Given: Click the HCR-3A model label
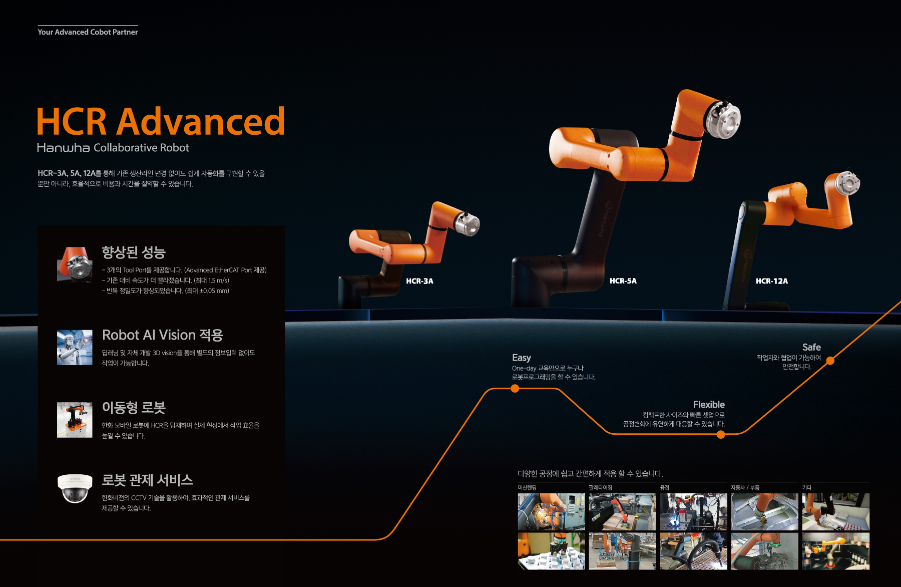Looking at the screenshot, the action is click(x=419, y=281).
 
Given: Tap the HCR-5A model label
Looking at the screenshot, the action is click(x=623, y=281).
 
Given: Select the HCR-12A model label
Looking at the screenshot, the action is click(x=772, y=281).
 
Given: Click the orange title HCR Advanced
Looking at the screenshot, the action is click(x=161, y=121).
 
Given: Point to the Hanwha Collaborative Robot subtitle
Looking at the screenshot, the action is click(x=113, y=148).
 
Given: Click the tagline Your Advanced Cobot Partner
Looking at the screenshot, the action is click(x=88, y=32).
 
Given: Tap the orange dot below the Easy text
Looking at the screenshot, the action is click(x=515, y=389).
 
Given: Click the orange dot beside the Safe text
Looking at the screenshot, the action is click(x=830, y=361).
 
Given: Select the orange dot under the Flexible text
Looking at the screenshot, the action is click(x=721, y=435).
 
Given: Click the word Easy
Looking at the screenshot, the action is click(x=521, y=358).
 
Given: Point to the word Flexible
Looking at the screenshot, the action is click(x=709, y=404).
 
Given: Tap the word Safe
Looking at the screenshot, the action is click(x=811, y=347).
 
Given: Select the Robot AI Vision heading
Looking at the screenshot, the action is click(x=163, y=335).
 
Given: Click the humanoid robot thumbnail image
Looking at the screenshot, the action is click(x=75, y=348).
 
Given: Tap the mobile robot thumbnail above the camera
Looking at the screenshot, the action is click(x=75, y=420).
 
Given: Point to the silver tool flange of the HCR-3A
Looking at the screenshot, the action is click(x=468, y=223).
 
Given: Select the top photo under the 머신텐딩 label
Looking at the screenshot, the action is click(x=552, y=512).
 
